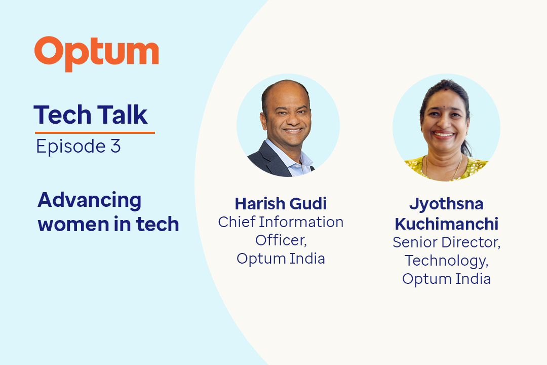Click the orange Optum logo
pyautogui.click(x=96, y=53)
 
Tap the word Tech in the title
pyautogui.click(x=62, y=115)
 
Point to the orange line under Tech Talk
pyautogui.click(x=95, y=133)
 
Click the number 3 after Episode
pyautogui.click(x=115, y=146)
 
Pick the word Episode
pyautogui.click(x=71, y=147)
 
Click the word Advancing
pyautogui.click(x=89, y=201)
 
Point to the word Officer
pyautogui.click(x=281, y=240)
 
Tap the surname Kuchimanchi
pyautogui.click(x=447, y=224)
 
